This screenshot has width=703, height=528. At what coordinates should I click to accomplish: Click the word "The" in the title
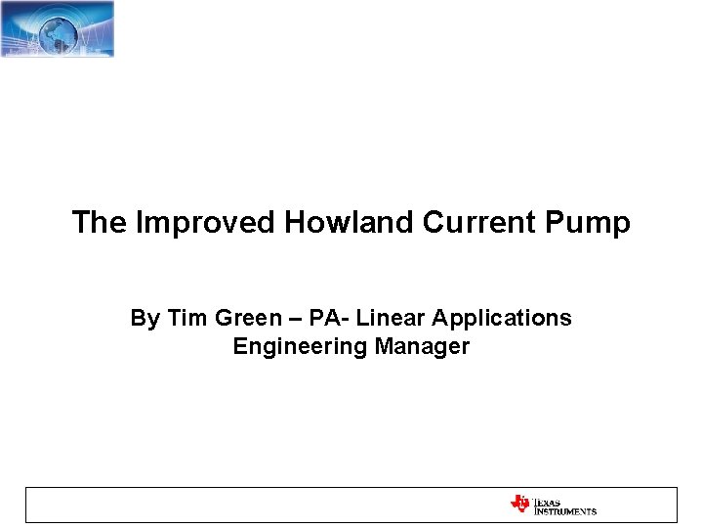[x=100, y=223]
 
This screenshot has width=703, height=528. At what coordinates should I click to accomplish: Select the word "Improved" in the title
[x=206, y=223]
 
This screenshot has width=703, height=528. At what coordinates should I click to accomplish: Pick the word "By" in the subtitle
[x=145, y=319]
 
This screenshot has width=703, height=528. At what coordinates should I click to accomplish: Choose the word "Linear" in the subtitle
[x=392, y=319]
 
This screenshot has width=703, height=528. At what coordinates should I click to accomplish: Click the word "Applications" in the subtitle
[x=502, y=320]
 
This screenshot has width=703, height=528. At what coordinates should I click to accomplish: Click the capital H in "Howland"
[x=295, y=223]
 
